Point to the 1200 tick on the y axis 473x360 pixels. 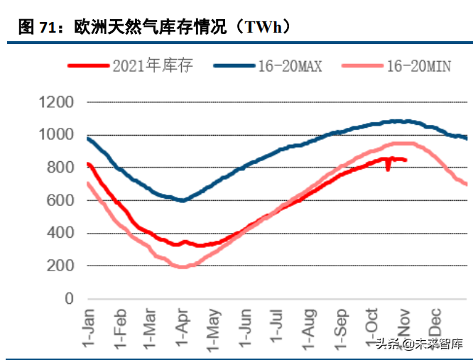(x=55, y=102)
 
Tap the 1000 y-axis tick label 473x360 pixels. (x=55, y=135)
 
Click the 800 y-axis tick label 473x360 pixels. (x=60, y=168)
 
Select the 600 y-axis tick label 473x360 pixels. (x=60, y=200)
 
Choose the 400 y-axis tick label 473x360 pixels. (x=60, y=234)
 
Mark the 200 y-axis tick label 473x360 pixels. (x=60, y=266)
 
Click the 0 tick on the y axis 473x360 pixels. (x=69, y=299)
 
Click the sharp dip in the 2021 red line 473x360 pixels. (x=388, y=169)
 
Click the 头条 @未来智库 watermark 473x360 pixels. (x=419, y=344)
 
